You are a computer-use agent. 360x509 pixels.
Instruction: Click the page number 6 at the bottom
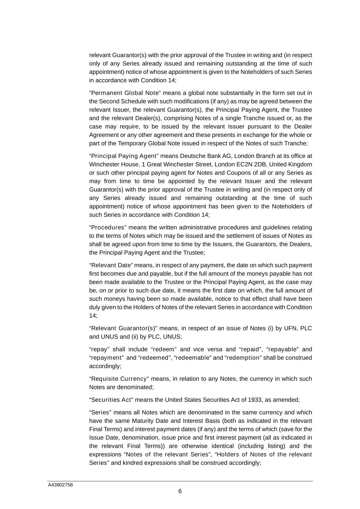click(180, 491)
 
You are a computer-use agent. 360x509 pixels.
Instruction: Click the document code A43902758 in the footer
click(60, 485)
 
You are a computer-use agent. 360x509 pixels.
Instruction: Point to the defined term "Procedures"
click(108, 227)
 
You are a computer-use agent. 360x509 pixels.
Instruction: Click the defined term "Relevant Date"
click(111, 265)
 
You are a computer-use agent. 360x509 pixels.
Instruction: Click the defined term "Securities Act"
click(111, 400)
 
